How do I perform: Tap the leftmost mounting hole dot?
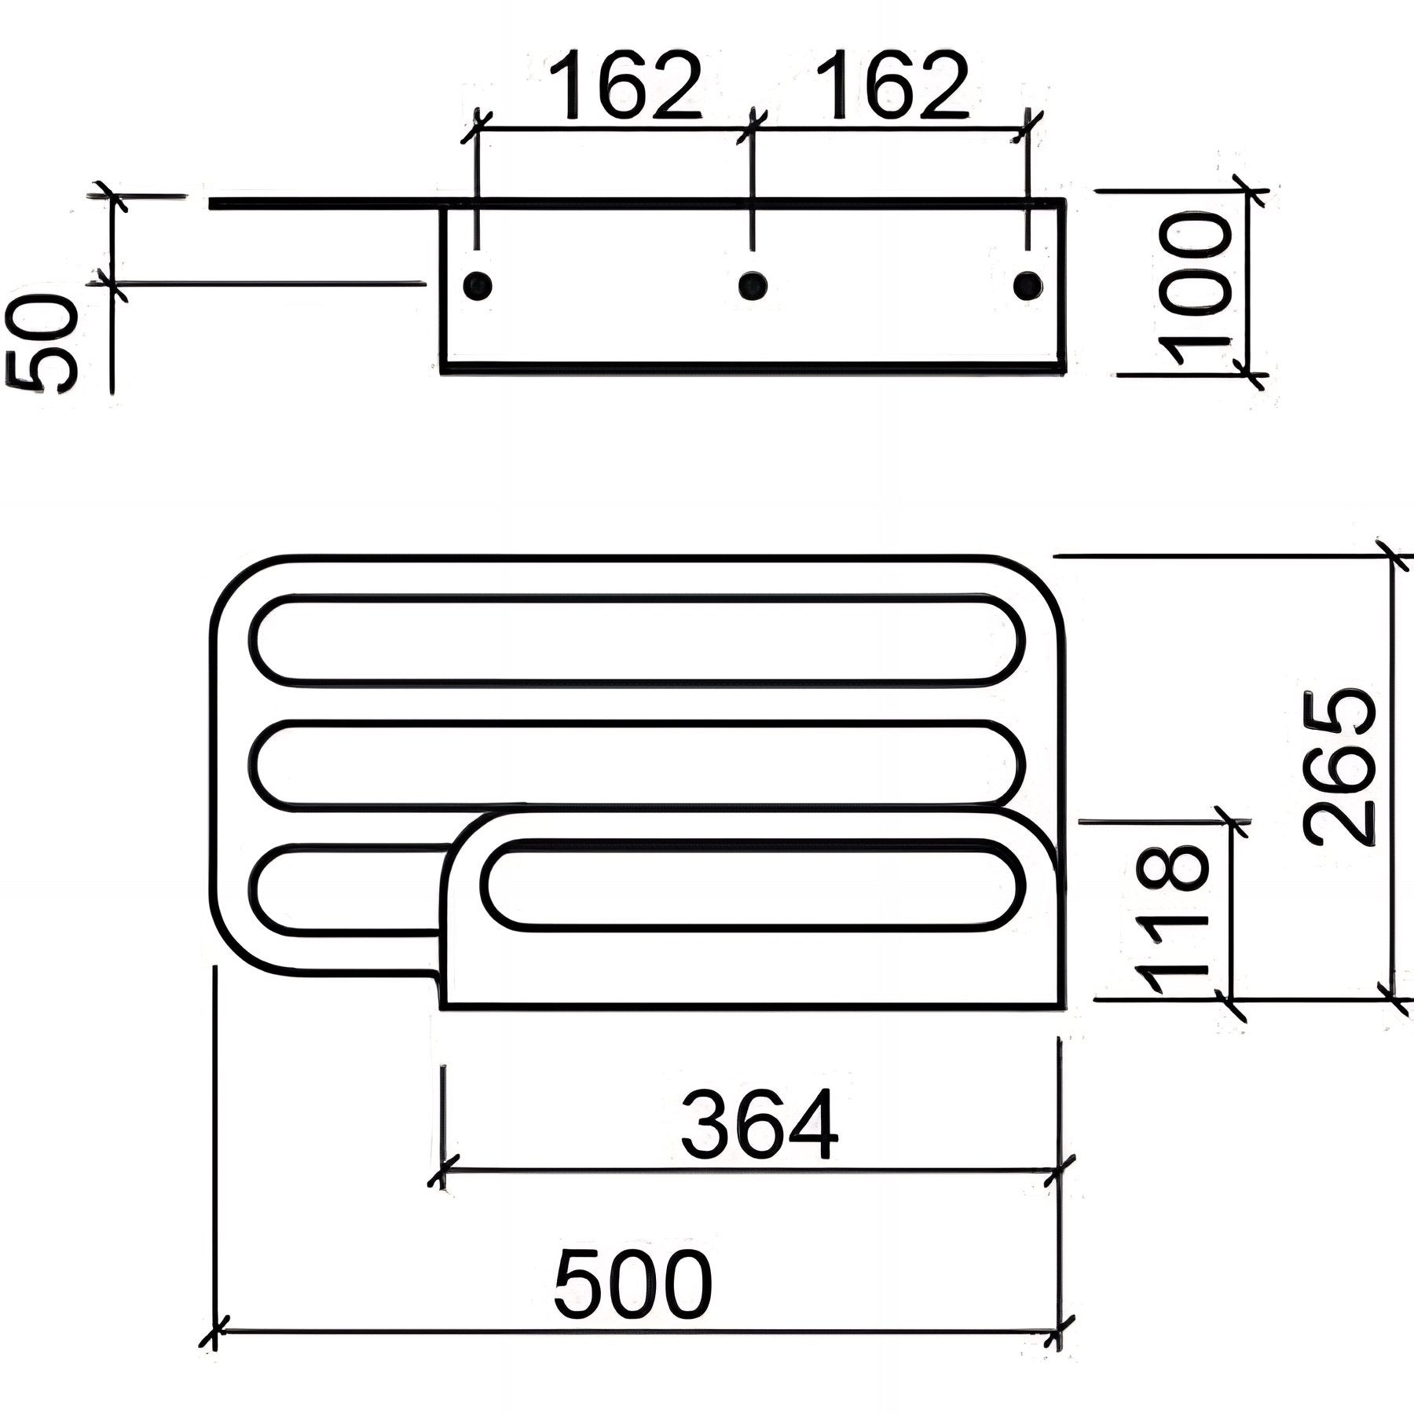coord(477,284)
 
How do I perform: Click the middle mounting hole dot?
coord(753,284)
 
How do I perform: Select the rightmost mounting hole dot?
coord(1028,284)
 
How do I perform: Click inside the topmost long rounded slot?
coord(636,639)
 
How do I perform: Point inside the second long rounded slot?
coord(636,763)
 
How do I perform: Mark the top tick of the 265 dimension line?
coord(1395,556)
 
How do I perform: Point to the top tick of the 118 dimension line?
coord(1230,822)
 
